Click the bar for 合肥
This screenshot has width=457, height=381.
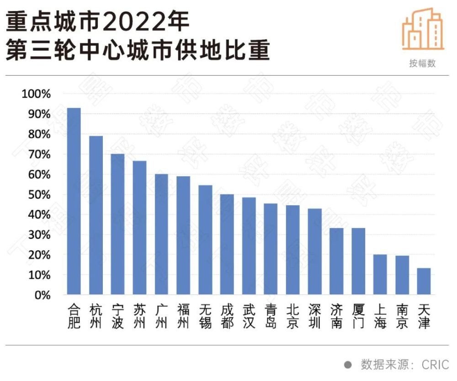[x=74, y=201]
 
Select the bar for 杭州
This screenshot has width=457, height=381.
[x=96, y=215]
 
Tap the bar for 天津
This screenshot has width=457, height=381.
[x=424, y=281]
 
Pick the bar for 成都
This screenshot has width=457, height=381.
[x=227, y=244]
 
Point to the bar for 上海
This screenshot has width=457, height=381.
[x=380, y=274]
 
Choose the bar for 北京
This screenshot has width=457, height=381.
[x=292, y=250]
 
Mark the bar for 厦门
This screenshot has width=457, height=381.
[x=358, y=261]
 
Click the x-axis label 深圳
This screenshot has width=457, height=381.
[x=314, y=316]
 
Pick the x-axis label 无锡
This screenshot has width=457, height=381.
[x=205, y=316]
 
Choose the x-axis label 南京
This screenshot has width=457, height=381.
[x=402, y=316]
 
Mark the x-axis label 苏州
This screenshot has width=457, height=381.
[x=139, y=316]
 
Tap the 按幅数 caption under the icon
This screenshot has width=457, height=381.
[x=423, y=63]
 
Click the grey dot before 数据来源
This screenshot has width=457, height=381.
[x=348, y=365]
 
